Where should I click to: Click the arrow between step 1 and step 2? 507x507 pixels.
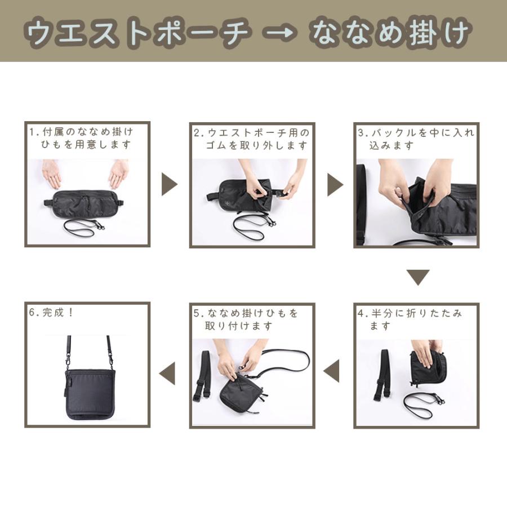168,184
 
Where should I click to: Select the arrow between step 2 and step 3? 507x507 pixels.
335,184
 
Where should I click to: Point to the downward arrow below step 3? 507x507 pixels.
418,277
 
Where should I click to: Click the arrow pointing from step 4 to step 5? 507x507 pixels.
332,371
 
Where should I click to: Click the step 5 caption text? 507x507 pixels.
248,319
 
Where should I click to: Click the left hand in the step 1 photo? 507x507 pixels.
52,173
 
